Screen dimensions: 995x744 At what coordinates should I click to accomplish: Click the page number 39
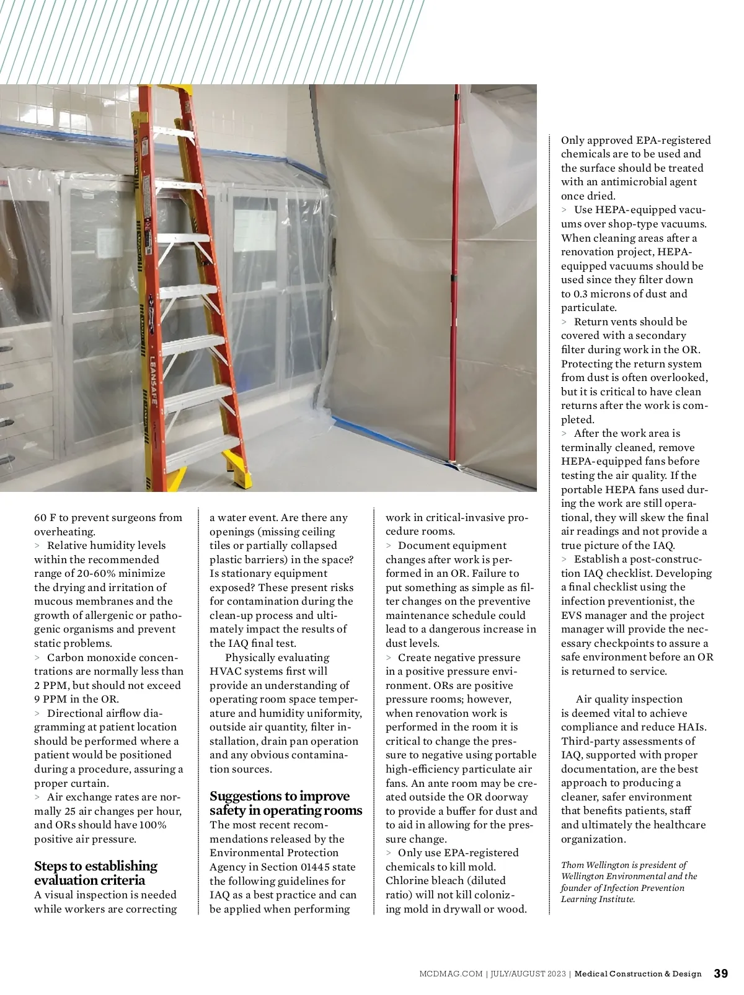[721, 973]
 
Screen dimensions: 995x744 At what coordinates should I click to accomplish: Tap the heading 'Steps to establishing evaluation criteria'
[96, 873]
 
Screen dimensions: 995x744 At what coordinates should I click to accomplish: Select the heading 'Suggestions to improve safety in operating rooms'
[286, 803]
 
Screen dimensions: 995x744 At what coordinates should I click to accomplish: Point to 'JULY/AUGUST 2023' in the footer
[527, 974]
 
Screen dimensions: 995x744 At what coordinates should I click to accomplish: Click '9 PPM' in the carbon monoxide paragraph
[50, 699]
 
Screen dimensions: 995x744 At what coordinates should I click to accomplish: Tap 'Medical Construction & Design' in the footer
[638, 974]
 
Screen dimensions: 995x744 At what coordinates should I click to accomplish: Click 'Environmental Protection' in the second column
[274, 853]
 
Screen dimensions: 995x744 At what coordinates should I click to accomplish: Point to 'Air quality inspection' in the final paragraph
[629, 699]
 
